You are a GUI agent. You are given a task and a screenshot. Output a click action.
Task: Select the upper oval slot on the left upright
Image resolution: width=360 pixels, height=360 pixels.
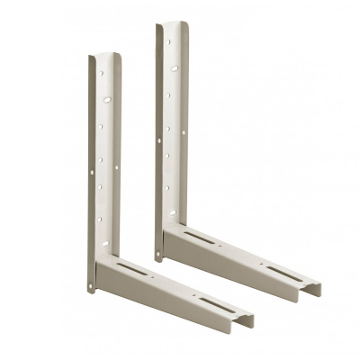(x=106, y=99)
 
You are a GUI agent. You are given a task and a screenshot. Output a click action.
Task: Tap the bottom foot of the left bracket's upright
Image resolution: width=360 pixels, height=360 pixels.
(x=91, y=289)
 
